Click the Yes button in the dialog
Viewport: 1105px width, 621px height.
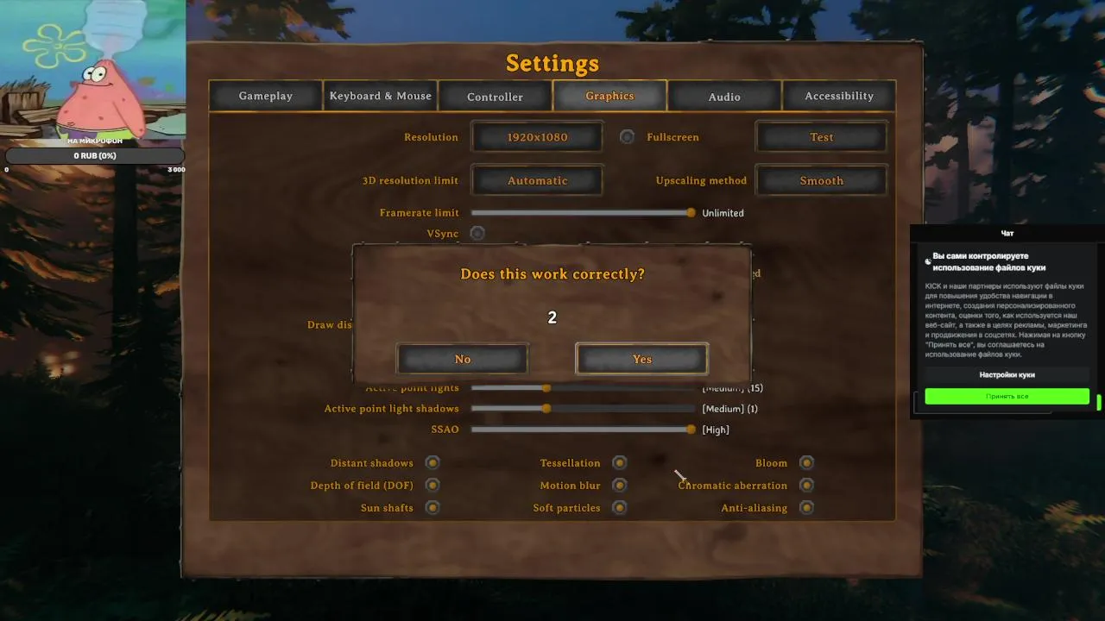tap(641, 359)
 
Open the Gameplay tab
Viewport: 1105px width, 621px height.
tap(266, 96)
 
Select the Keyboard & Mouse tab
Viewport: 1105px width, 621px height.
tap(380, 96)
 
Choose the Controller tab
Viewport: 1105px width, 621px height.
tap(495, 97)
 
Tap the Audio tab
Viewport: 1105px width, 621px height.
tap(724, 97)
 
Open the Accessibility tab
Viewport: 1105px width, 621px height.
tap(839, 96)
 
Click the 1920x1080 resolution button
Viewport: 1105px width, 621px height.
tap(537, 137)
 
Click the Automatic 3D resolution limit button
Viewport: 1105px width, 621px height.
tap(537, 180)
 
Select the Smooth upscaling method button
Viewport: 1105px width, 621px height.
tap(821, 180)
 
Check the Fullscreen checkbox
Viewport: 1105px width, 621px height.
tap(628, 137)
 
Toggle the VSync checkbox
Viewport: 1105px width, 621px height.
tap(477, 233)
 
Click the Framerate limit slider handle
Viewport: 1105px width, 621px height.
tap(691, 212)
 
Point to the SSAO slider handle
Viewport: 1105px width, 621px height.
tap(691, 430)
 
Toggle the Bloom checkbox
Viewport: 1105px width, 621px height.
tap(806, 463)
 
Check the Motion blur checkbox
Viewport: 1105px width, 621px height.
tap(619, 486)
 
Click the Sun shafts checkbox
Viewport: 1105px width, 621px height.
tap(433, 508)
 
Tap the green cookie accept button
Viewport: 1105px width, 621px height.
tap(1007, 396)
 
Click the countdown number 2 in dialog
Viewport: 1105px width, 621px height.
tap(552, 317)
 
